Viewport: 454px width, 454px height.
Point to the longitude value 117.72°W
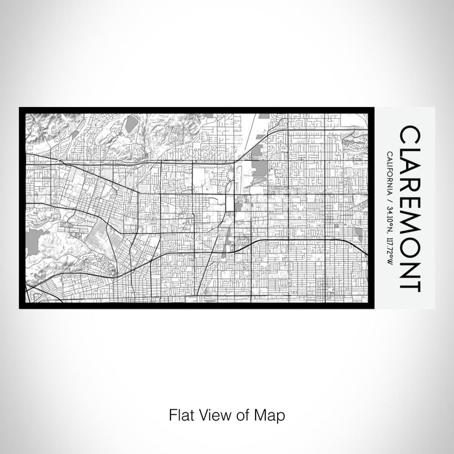click(388, 252)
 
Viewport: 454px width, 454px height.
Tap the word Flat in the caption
click(180, 414)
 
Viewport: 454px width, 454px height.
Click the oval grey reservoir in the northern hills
click(132, 123)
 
